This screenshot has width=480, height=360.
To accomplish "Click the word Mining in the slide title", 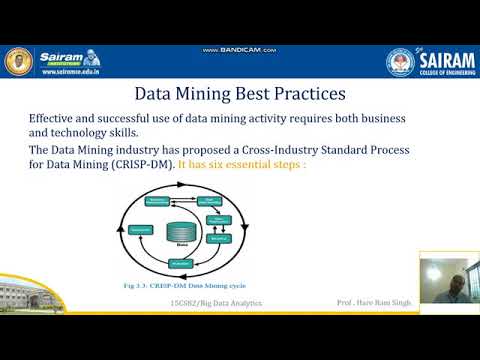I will (x=225, y=96).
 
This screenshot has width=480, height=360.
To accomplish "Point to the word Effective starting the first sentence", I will (x=55, y=117).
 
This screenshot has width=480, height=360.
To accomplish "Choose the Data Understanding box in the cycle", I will (x=212, y=202).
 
